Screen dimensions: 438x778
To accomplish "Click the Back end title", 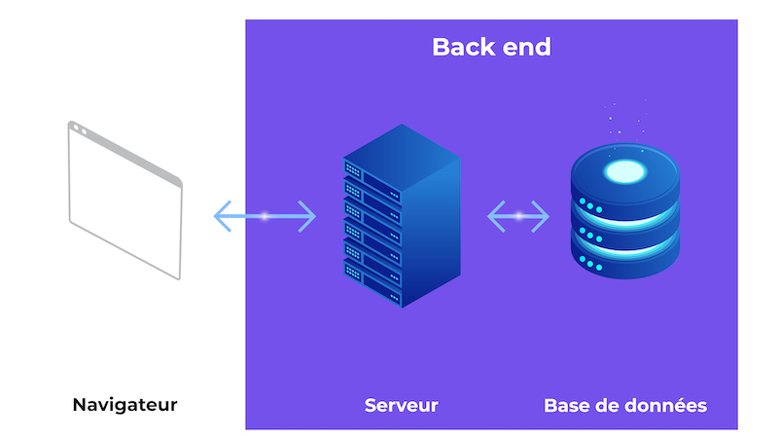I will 491,47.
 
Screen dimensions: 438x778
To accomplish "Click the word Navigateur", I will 125,404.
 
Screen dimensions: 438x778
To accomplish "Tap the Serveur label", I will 401,404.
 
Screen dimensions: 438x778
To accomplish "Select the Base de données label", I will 625,404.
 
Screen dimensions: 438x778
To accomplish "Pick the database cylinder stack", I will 624,219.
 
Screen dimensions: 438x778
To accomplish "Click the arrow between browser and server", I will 265,215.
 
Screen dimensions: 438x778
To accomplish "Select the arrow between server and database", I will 518,215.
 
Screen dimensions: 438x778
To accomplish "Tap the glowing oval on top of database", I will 624,173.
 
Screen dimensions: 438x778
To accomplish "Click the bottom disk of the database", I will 624,258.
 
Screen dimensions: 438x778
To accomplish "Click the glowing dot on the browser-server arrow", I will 265,215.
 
